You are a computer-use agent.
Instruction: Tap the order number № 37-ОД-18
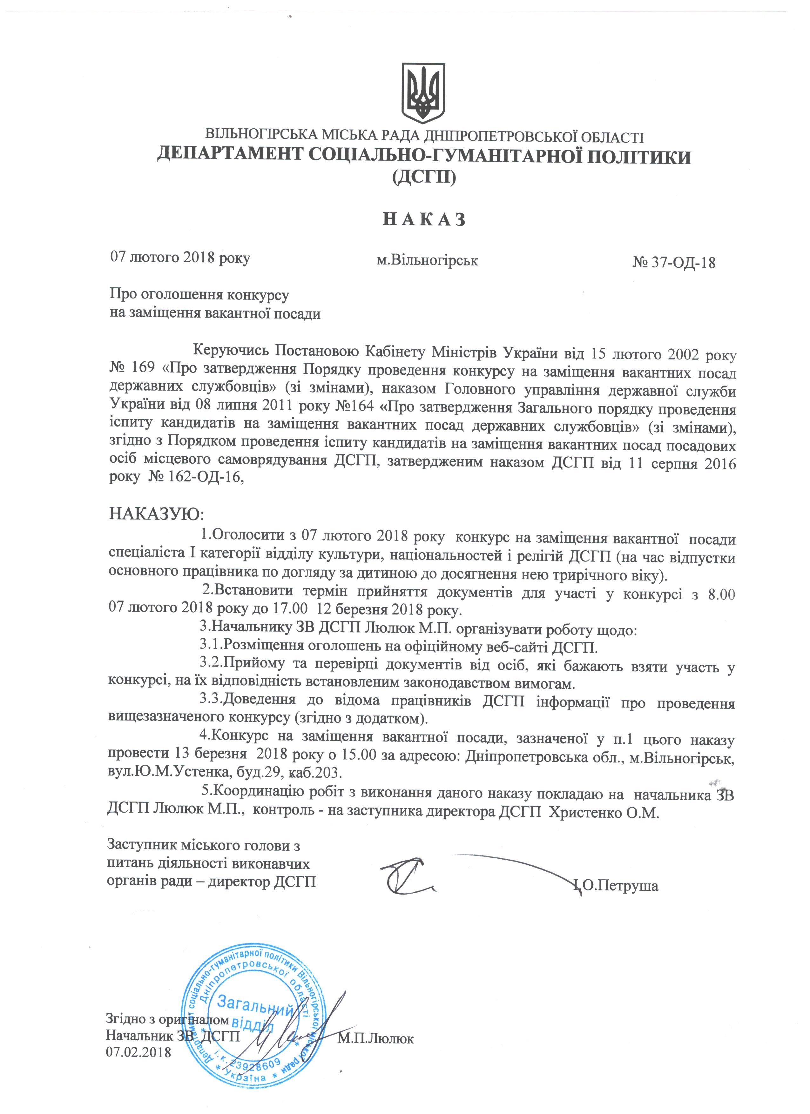point(674,263)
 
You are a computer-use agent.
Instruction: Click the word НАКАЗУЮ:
point(156,514)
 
